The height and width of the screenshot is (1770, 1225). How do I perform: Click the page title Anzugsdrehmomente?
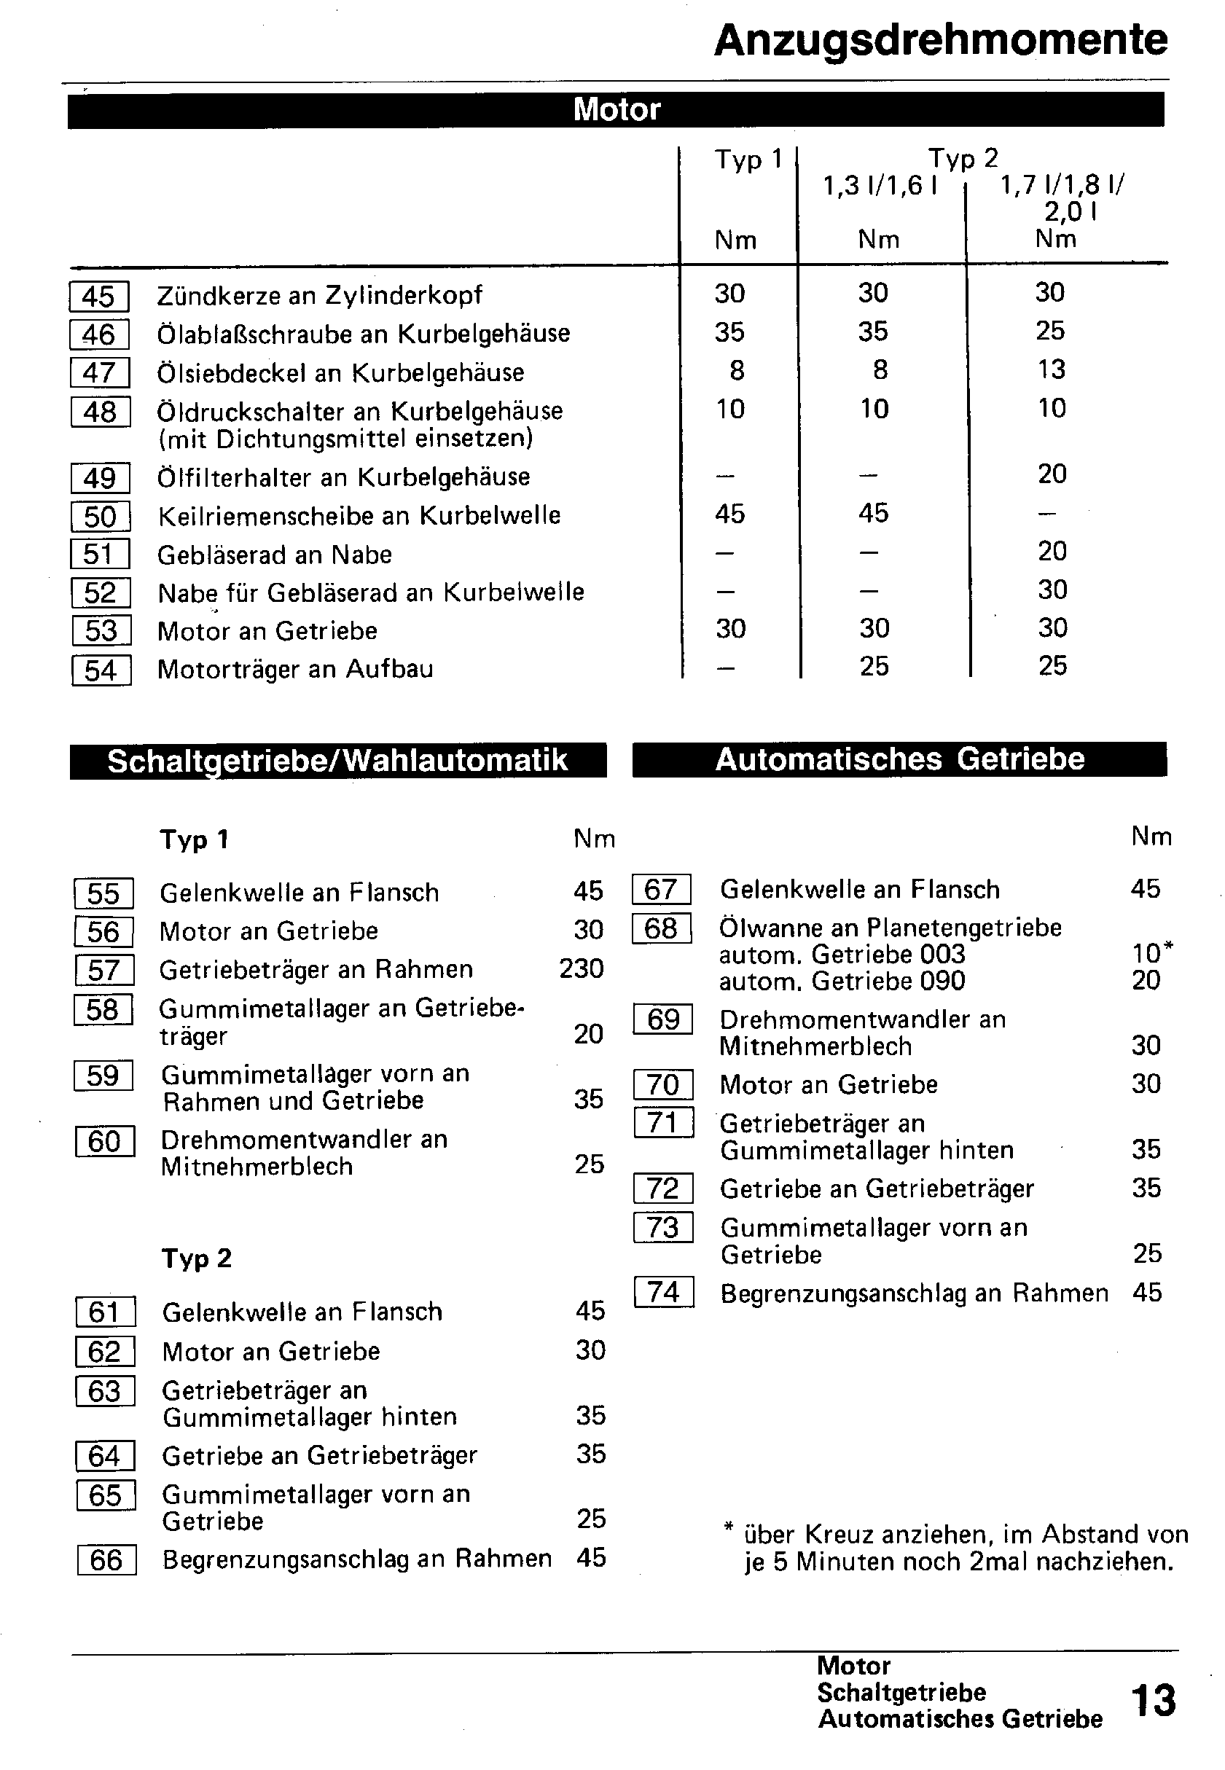pyautogui.click(x=940, y=40)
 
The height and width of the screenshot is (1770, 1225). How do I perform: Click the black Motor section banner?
pyautogui.click(x=616, y=109)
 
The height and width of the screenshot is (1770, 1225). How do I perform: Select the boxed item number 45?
pyautogui.click(x=99, y=297)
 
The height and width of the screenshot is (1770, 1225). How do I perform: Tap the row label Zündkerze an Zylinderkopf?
pyautogui.click(x=319, y=294)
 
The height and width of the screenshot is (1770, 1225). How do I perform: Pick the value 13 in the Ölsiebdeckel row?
pyautogui.click(x=1051, y=369)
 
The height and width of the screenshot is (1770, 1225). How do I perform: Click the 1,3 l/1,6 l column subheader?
pyautogui.click(x=880, y=186)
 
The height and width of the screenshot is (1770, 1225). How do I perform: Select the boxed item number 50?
pyautogui.click(x=101, y=516)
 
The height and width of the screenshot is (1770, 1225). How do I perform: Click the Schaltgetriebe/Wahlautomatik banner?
pyautogui.click(x=337, y=760)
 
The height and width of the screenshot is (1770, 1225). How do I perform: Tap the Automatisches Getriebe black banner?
pyautogui.click(x=899, y=759)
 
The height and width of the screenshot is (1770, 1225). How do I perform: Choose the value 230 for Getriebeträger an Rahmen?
pyautogui.click(x=581, y=968)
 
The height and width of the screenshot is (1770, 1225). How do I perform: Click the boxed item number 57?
pyautogui.click(x=104, y=970)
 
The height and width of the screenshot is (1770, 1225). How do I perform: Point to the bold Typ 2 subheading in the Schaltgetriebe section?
pyautogui.click(x=197, y=1258)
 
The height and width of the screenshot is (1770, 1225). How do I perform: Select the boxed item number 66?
pyautogui.click(x=106, y=1559)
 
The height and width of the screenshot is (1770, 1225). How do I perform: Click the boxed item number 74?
pyautogui.click(x=664, y=1292)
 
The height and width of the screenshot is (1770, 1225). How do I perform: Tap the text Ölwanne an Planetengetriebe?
pyautogui.click(x=891, y=927)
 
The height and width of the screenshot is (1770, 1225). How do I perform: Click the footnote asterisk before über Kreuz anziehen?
pyautogui.click(x=729, y=1527)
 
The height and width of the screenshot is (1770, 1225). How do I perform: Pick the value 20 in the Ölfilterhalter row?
pyautogui.click(x=1052, y=474)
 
